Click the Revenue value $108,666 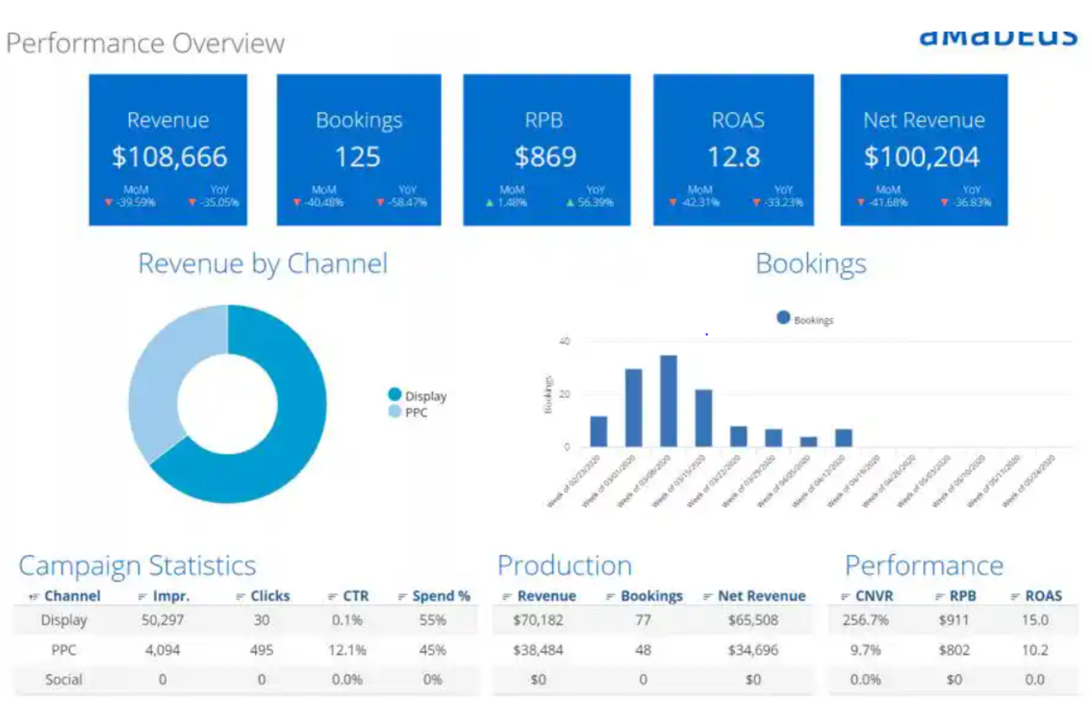coord(170,157)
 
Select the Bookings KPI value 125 coord(358,157)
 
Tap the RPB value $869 coord(545,157)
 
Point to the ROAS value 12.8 coord(733,157)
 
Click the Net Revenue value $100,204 coord(921,157)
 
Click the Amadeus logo coord(998,35)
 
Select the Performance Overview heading coord(145,44)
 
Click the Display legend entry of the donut coord(418,396)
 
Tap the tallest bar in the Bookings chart coord(669,401)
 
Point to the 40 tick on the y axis coord(565,342)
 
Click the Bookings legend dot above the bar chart coord(784,318)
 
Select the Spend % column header coord(440,596)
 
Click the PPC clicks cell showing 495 coord(262,650)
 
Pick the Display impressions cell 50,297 coord(163,620)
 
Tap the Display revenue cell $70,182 coord(538,620)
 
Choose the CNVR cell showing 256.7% coord(865,620)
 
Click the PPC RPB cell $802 coord(953,650)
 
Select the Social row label coord(63,679)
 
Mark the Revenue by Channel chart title coord(262,264)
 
